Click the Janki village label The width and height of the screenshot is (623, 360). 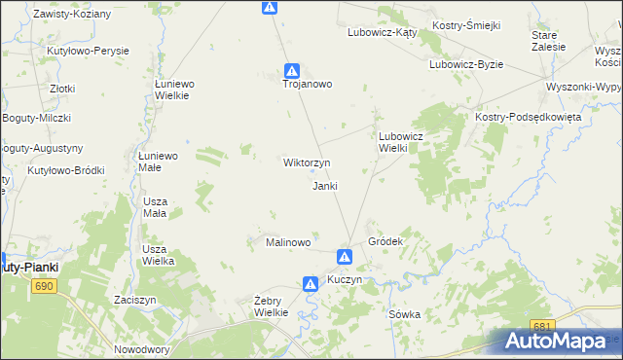(324, 186)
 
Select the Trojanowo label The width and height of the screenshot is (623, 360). (308, 84)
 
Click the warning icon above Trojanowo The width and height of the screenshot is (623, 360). (291, 70)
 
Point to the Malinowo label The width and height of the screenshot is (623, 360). (288, 242)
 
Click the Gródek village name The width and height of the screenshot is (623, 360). (385, 240)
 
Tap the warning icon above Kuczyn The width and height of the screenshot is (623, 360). (345, 257)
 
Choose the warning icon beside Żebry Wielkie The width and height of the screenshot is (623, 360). (310, 284)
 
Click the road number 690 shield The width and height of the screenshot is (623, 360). (44, 286)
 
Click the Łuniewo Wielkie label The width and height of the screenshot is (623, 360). (174, 90)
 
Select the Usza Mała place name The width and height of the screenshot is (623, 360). (154, 206)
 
